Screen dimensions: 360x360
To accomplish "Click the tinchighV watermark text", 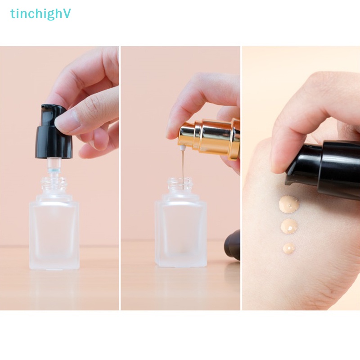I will coord(40,14).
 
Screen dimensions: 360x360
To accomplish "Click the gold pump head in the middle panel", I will coord(211,137).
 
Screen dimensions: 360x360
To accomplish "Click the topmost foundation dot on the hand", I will coord(289,204).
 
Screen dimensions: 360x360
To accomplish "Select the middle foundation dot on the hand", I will coord(289,226).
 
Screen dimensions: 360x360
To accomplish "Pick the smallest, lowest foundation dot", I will coord(289,248).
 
